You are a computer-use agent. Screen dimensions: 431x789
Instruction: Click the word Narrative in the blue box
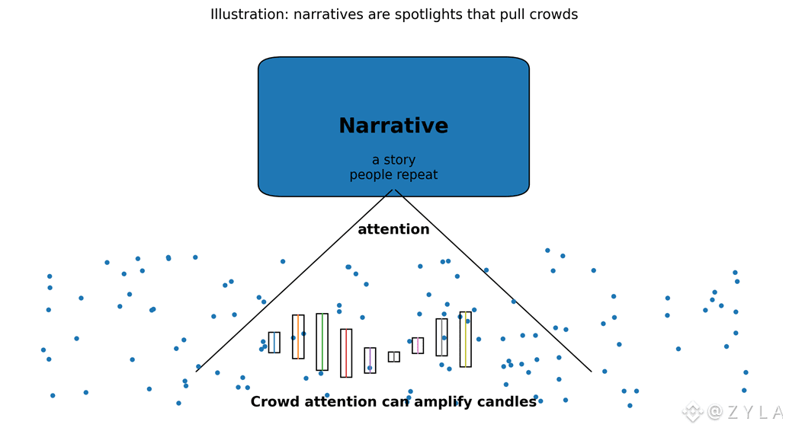[x=393, y=126]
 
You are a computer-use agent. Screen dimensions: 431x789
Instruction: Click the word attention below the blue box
[x=393, y=230]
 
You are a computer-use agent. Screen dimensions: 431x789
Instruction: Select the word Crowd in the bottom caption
[x=274, y=402]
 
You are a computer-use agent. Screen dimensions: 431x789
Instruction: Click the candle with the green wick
[x=322, y=342]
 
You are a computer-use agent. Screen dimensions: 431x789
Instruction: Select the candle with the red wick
[x=346, y=353]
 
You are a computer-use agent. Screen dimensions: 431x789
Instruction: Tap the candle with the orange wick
[x=298, y=337]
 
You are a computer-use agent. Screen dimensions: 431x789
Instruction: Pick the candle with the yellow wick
[x=466, y=340]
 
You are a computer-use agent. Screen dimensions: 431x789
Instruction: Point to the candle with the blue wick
[x=274, y=343]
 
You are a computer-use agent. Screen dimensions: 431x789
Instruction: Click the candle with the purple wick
[x=370, y=360]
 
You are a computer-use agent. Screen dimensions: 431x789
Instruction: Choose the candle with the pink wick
[x=418, y=346]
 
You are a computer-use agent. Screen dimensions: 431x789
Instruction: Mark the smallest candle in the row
[x=394, y=357]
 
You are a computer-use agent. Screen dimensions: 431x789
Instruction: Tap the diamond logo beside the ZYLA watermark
[x=692, y=412]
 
